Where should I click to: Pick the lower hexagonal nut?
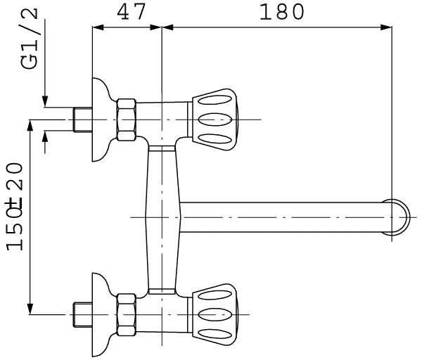coord(127,311)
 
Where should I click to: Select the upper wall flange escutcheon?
coord(101,118)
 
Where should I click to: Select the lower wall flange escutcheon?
coord(101,311)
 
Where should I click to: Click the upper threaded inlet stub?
coord(82,120)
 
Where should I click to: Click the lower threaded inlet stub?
coord(82,311)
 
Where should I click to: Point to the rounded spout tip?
coord(398,216)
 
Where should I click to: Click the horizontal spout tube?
coord(281,216)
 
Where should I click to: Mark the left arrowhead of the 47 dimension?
coord(98,28)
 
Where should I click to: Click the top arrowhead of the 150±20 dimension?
coord(30,124)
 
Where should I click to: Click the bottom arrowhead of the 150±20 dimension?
coord(30,307)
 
